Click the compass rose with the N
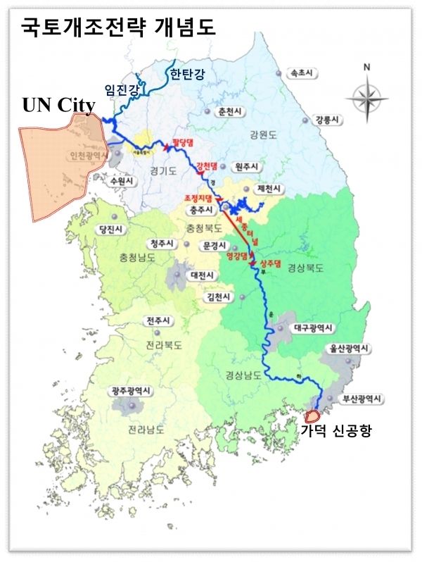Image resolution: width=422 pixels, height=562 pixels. pos(366,94)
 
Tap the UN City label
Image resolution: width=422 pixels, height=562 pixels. pos(58,106)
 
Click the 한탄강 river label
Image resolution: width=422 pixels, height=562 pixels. pos(184,73)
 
